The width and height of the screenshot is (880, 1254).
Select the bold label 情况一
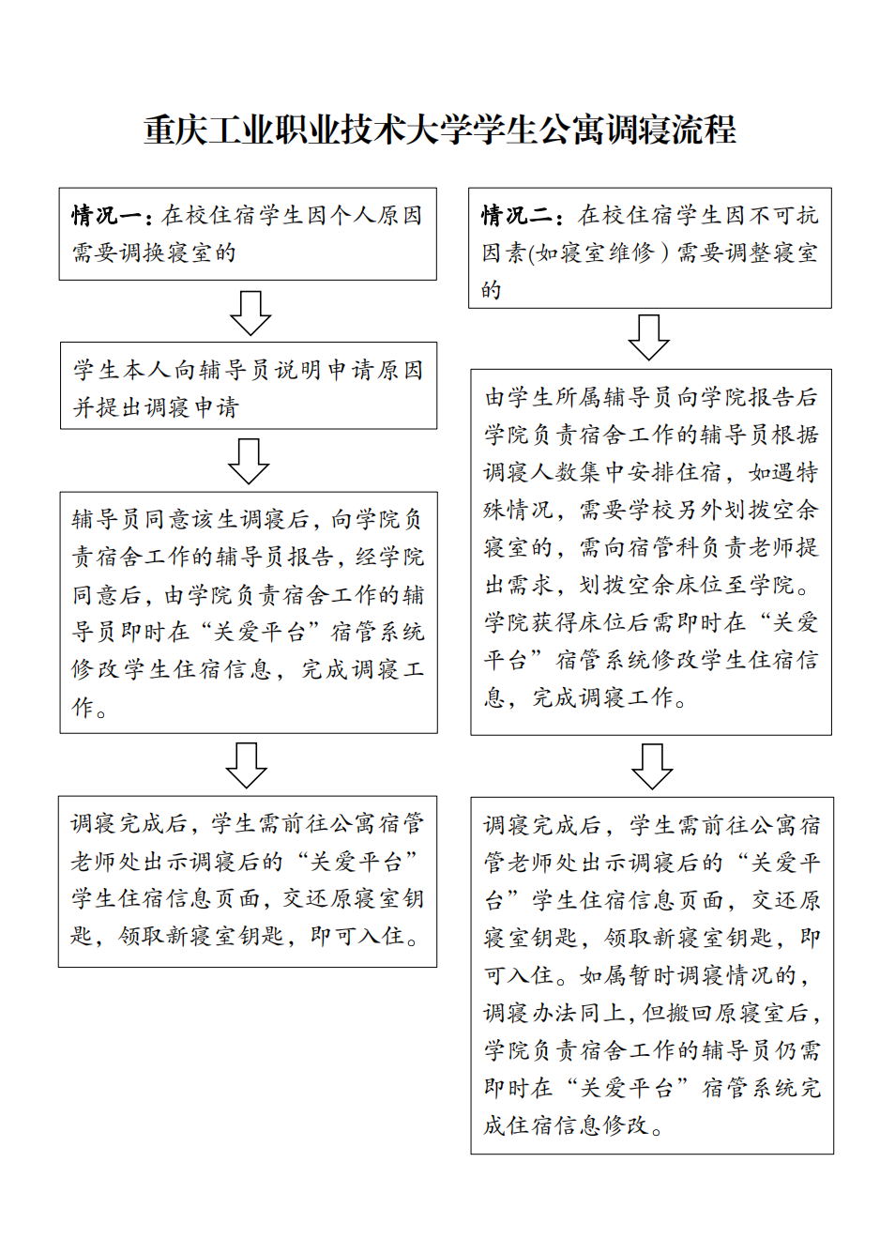107,216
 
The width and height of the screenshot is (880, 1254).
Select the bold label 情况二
518,216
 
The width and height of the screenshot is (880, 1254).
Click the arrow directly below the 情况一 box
250,312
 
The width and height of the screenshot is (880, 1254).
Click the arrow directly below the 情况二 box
649,337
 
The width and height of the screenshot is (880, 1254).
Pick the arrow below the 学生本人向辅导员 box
249,460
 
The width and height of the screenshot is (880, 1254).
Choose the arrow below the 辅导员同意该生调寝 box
247,765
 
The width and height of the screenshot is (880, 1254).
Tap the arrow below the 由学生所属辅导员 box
652,766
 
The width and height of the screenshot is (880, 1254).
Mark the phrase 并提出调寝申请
156,407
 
